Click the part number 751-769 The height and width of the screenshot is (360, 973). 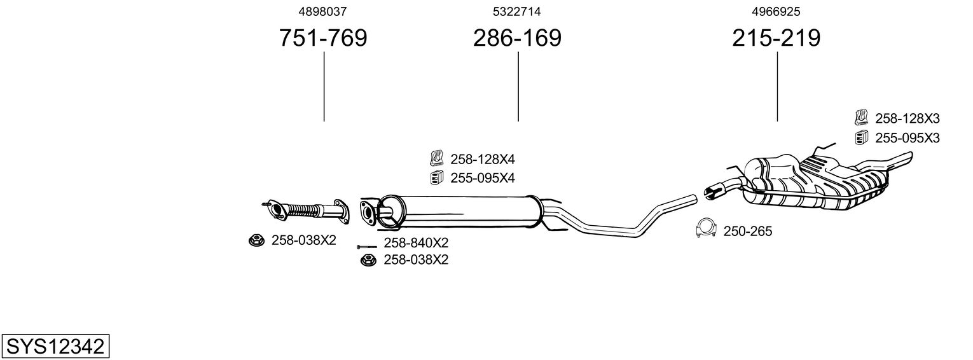[x=323, y=38]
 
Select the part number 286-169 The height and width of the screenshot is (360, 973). [x=517, y=38]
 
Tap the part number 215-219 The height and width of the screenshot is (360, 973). [x=776, y=38]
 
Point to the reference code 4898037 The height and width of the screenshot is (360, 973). [x=323, y=11]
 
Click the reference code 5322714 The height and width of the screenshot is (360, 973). [x=517, y=11]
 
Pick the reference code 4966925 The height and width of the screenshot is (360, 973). [x=776, y=11]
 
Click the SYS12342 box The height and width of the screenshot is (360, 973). [x=55, y=347]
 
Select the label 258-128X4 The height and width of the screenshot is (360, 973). [x=482, y=159]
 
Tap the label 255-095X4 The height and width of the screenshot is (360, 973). [x=482, y=178]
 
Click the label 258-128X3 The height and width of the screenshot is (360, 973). [x=907, y=118]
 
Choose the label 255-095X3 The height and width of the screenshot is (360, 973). [x=907, y=137]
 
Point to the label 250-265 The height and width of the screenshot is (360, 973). [x=747, y=232]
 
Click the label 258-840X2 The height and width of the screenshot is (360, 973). [x=416, y=243]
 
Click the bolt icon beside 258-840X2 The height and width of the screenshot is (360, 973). [x=367, y=246]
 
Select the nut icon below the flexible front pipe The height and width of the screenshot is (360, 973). [x=256, y=240]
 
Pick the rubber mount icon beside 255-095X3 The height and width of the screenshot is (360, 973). [x=861, y=137]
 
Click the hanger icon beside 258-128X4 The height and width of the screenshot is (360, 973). [x=437, y=157]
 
